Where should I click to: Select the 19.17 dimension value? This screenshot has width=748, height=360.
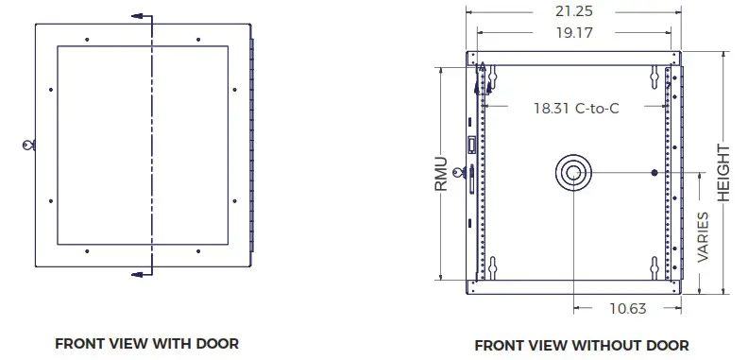[x=575, y=32]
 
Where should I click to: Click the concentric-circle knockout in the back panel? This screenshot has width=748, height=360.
[x=574, y=172]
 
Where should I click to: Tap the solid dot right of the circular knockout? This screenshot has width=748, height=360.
[x=655, y=172]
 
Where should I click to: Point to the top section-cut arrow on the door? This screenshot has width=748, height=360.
[x=140, y=17]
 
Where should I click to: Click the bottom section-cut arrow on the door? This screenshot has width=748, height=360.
[x=140, y=274]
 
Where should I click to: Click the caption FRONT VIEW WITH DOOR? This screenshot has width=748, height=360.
[x=146, y=343]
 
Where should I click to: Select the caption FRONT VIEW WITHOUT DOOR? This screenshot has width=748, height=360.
[x=581, y=345]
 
